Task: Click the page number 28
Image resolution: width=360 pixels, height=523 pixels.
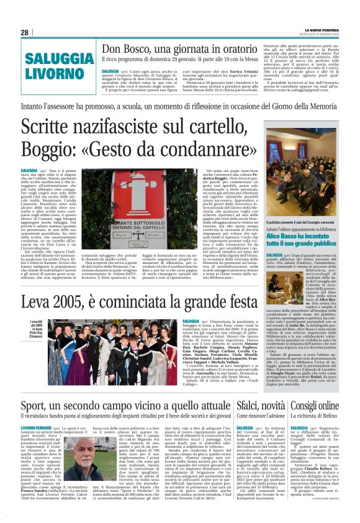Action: coord(24,32)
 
